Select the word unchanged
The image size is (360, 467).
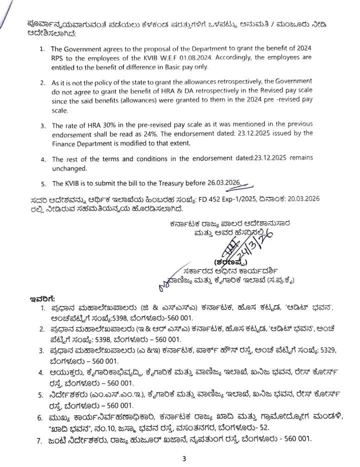tap(68, 167)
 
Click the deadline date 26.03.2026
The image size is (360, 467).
tap(222, 182)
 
